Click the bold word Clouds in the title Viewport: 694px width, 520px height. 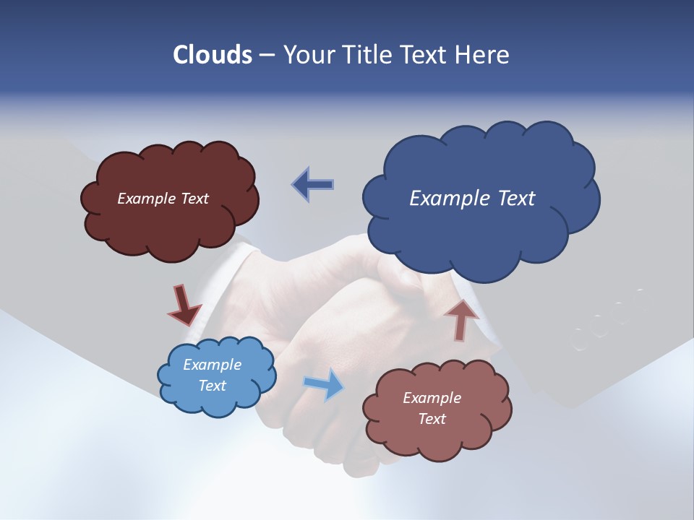[213, 55]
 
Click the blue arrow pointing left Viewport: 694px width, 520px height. [312, 184]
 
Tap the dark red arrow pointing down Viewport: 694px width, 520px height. [184, 306]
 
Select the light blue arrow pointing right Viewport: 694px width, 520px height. [325, 383]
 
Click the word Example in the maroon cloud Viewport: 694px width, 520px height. [145, 199]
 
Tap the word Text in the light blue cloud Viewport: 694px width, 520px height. [213, 386]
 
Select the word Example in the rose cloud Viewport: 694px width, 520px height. [432, 398]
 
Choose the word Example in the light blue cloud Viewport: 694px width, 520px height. [213, 365]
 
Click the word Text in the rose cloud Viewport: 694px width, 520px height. [432, 419]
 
